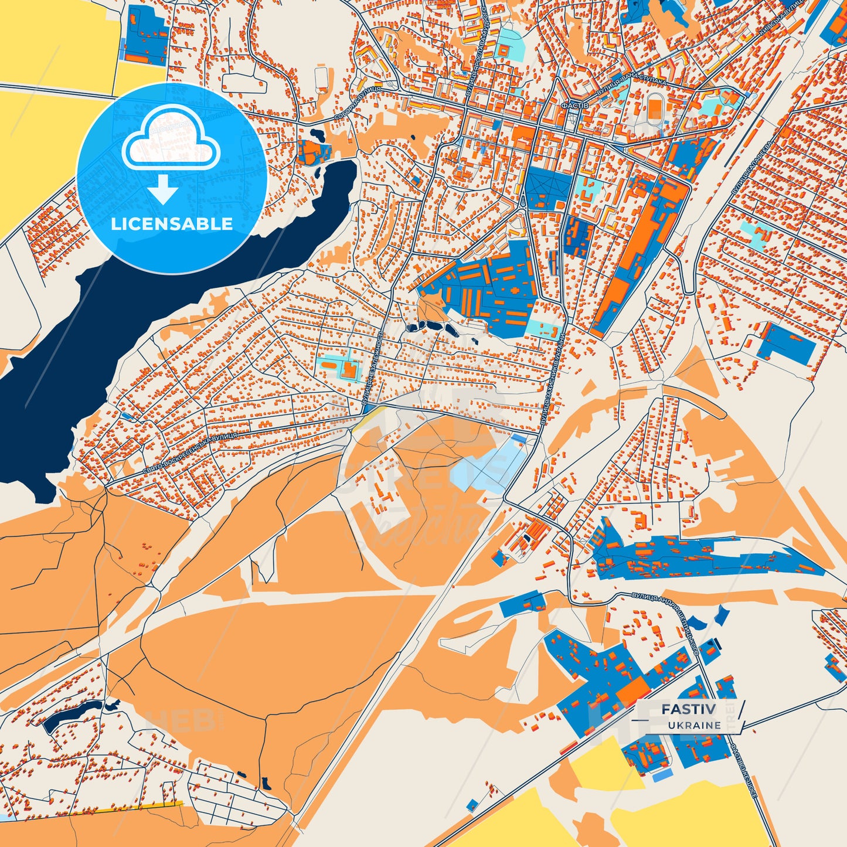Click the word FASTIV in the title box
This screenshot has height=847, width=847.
click(688, 709)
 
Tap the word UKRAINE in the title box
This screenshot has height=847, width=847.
click(694, 725)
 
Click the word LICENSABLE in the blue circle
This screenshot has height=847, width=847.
click(172, 224)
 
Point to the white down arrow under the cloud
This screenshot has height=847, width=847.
click(163, 191)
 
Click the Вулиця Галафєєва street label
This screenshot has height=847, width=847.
click(752, 167)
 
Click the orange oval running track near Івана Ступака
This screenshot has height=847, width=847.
click(654, 108)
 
